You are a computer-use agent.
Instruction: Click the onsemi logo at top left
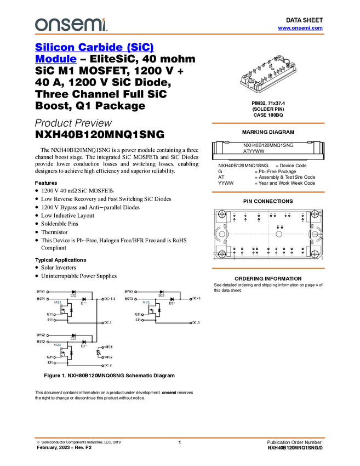tap(71, 25)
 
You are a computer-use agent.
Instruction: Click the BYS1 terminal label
tap(41, 291)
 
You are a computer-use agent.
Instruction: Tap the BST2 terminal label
tap(41, 342)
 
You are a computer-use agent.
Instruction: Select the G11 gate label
tap(50, 314)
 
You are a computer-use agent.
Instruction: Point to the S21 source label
tap(50, 362)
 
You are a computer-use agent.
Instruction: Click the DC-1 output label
tap(108, 322)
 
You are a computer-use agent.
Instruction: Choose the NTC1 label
tap(108, 347)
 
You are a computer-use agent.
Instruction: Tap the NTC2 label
tap(108, 357)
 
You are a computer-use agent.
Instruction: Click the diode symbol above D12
tap(73, 292)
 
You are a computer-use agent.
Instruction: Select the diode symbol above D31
tap(172, 299)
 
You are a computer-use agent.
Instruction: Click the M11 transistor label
tap(58, 302)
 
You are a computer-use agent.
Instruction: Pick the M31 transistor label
tap(146, 302)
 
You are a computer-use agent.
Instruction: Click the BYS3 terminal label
tap(129, 291)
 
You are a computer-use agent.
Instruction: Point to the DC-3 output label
tap(196, 322)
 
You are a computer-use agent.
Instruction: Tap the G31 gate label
tap(138, 314)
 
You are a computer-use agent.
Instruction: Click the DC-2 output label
tap(108, 365)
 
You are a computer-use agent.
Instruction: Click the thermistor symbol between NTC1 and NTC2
tap(98, 353)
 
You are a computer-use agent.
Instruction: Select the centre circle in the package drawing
tap(278, 234)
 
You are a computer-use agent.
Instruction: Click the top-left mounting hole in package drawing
tap(221, 215)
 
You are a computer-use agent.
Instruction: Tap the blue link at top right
tap(300, 27)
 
